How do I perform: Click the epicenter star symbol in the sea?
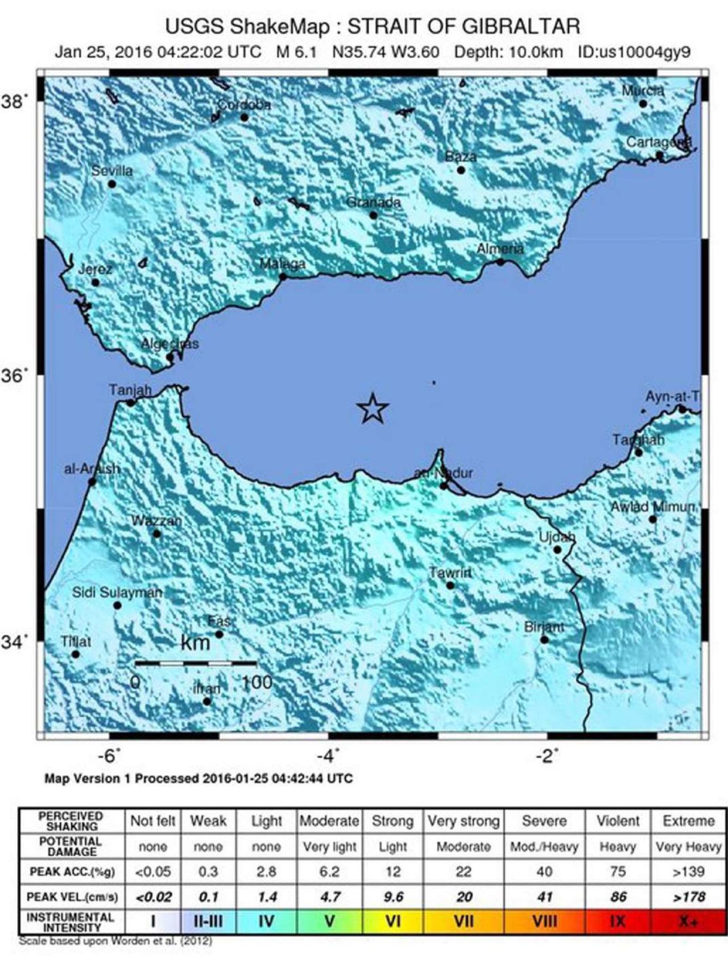tap(373, 408)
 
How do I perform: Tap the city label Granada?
tap(374, 202)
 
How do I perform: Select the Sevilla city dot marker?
tap(112, 184)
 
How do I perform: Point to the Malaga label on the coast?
tap(283, 264)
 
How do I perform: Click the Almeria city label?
tap(500, 249)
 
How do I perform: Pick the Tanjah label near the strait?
tap(130, 390)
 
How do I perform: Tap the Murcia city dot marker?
tap(643, 104)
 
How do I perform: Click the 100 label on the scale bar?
tap(257, 682)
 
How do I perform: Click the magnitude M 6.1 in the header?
tap(296, 52)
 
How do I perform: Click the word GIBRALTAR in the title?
tap(522, 27)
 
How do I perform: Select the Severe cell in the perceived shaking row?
tap(544, 821)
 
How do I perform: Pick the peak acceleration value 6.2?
tap(329, 871)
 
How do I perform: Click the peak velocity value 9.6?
tap(393, 897)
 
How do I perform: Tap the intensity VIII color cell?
tap(544, 921)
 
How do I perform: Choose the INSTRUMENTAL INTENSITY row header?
tap(71, 921)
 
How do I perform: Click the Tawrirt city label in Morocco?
tap(450, 573)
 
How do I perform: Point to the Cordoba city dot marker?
tap(244, 117)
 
